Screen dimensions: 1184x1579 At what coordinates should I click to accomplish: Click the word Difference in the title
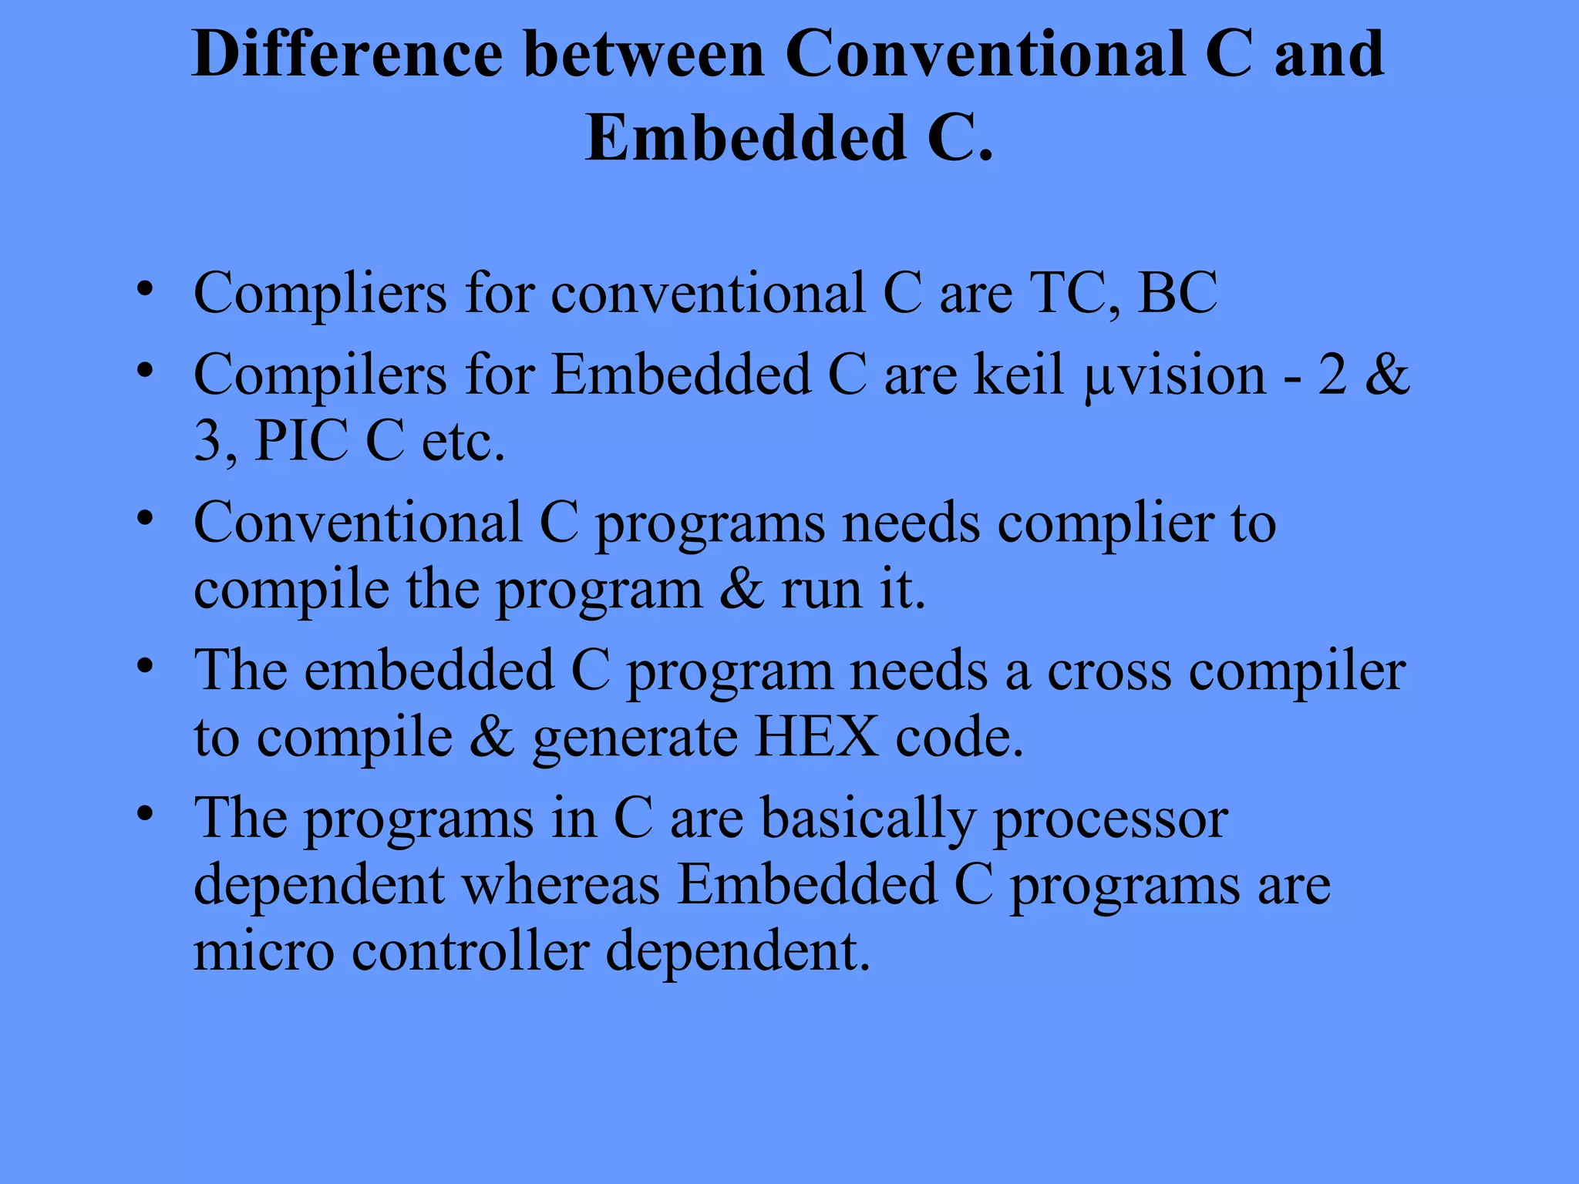point(348,54)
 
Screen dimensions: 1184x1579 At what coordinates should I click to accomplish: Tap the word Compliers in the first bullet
point(320,294)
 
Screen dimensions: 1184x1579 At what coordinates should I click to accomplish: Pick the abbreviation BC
point(1177,294)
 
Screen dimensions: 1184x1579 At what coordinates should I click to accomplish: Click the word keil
point(1019,375)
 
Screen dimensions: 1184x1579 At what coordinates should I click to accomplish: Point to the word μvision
point(1174,375)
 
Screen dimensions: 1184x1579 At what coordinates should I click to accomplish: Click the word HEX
point(816,738)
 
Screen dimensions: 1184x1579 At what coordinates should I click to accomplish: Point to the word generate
point(634,738)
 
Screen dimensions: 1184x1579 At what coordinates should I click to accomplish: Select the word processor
point(1110,819)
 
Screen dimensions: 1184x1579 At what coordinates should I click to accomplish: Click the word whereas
point(561,885)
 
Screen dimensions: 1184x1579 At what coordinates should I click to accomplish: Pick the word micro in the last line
point(264,950)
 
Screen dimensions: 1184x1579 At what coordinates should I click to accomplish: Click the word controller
point(470,950)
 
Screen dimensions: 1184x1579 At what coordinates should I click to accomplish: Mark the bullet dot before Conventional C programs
point(144,519)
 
